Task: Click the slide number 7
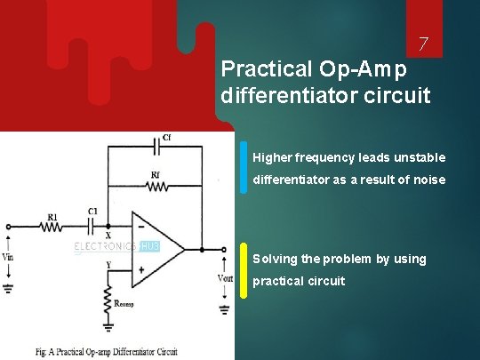click(x=424, y=44)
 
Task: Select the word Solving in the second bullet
click(x=275, y=259)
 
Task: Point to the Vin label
click(x=10, y=256)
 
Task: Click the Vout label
click(x=225, y=278)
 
